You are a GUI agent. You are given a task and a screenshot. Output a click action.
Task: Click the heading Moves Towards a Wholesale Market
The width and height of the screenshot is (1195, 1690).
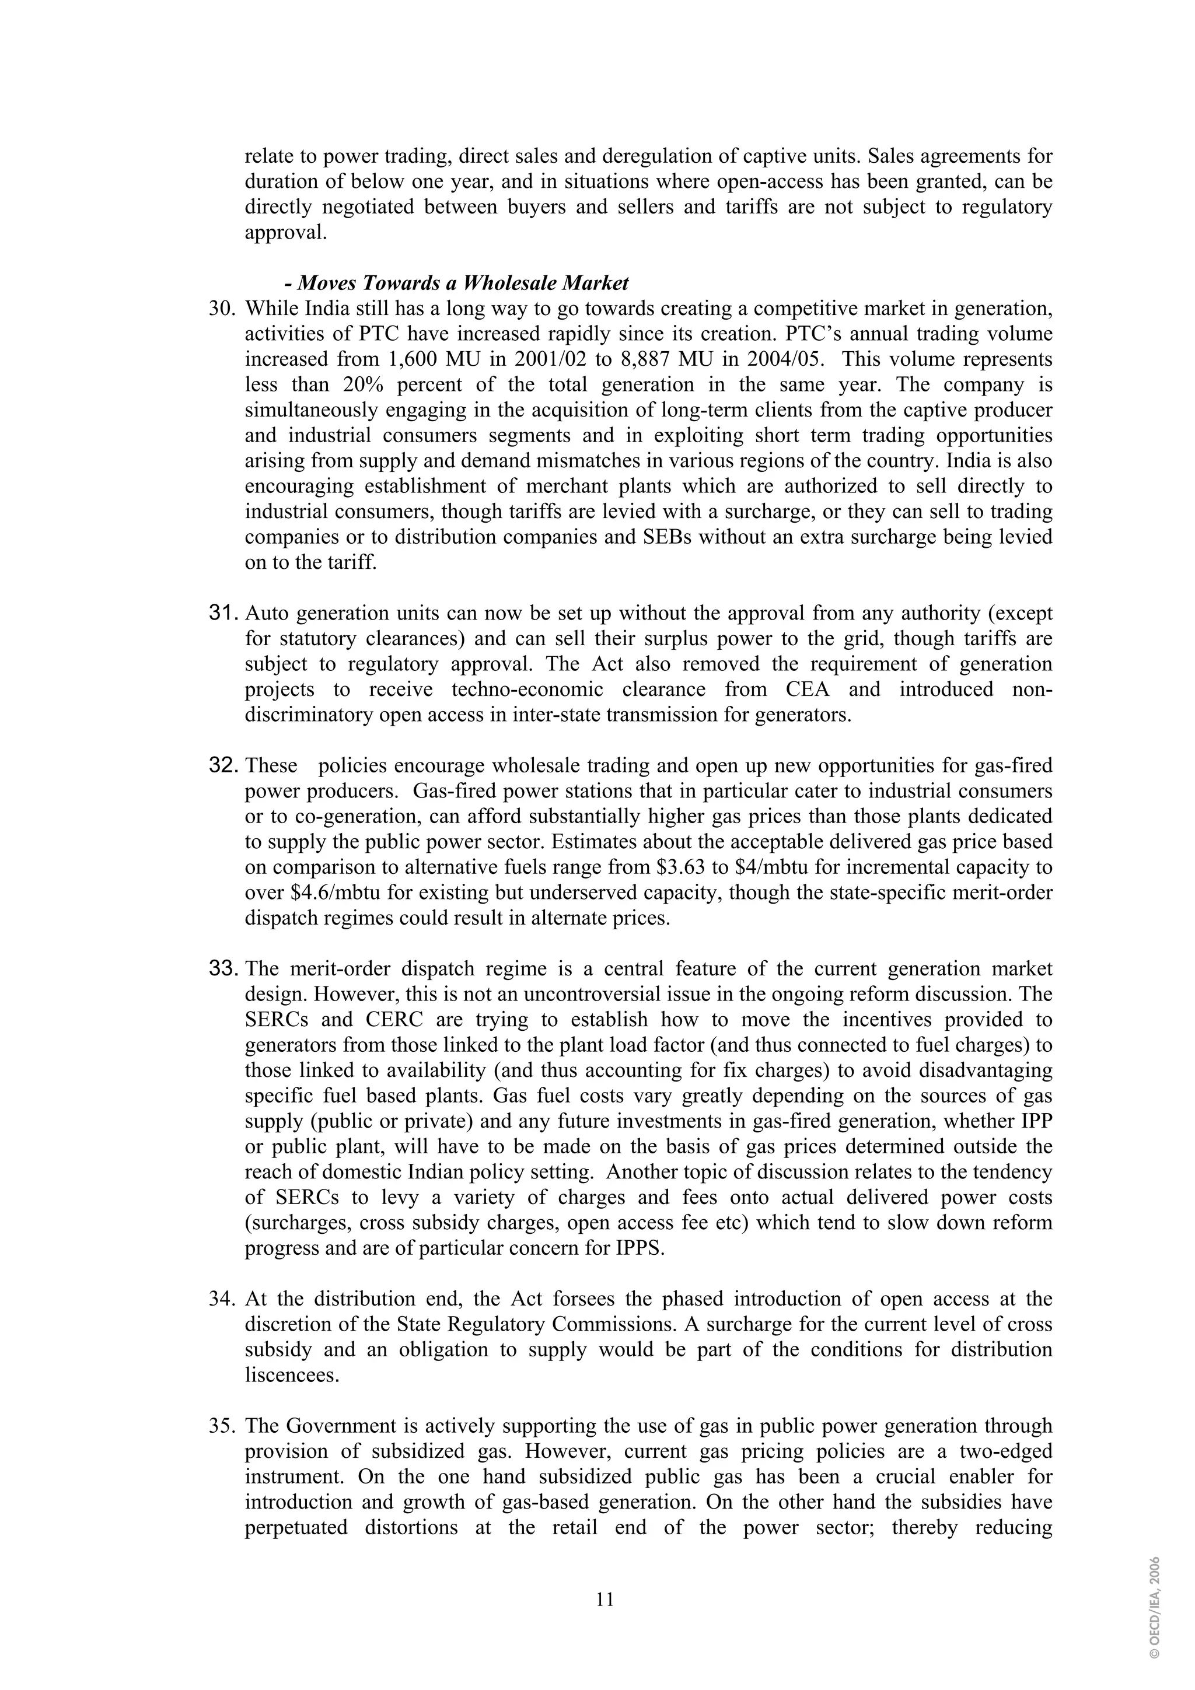[456, 284]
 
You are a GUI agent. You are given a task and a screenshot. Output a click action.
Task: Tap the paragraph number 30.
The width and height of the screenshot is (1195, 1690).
[221, 309]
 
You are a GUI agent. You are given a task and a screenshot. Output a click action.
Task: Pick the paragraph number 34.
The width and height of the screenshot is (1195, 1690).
[221, 1299]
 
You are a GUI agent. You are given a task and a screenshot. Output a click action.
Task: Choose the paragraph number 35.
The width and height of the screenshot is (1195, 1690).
[221, 1426]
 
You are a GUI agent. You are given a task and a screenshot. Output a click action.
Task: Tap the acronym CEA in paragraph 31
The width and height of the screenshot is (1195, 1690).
[798, 690]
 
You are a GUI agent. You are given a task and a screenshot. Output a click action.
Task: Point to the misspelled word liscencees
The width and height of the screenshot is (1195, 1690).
[292, 1375]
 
